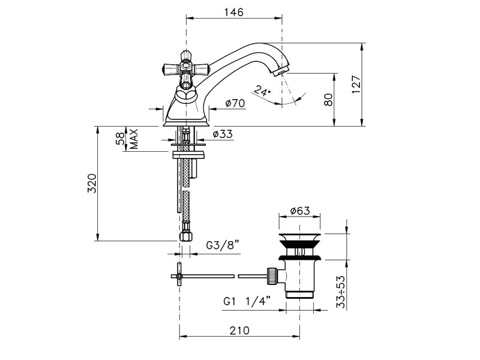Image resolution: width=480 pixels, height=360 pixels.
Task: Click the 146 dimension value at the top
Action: tap(234, 12)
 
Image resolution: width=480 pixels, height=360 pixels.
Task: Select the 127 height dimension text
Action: tap(356, 85)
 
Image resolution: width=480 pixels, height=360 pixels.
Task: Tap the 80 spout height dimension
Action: tap(328, 100)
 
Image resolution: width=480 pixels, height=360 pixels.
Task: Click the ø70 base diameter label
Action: tap(235, 103)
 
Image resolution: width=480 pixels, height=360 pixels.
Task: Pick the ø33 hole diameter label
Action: tap(223, 134)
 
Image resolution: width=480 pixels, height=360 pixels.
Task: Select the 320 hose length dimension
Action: tap(92, 184)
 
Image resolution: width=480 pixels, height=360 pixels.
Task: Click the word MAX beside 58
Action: tap(134, 139)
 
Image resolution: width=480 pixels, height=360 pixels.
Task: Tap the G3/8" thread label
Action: tap(222, 245)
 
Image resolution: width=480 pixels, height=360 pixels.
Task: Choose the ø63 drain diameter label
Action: tap(300, 211)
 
